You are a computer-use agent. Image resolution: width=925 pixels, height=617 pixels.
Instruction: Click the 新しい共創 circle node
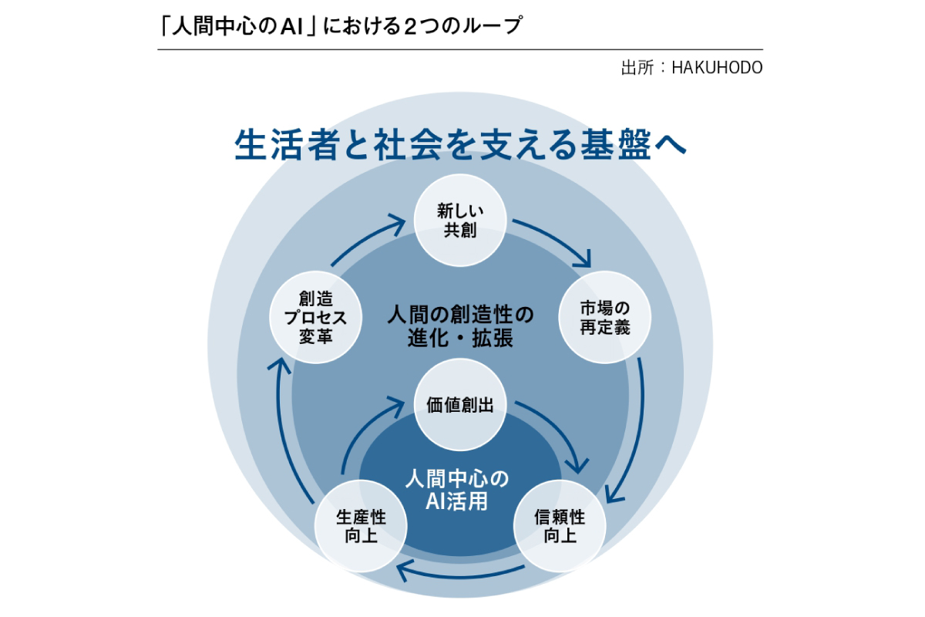460,221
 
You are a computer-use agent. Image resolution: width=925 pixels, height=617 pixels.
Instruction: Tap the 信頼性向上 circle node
560,526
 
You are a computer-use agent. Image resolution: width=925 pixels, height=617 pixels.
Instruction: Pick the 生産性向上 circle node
361,526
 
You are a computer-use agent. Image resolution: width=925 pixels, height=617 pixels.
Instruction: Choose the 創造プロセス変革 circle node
314,317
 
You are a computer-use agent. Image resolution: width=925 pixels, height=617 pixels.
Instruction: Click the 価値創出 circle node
460,405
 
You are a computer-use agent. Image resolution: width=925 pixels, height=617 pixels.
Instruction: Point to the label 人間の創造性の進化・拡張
460,327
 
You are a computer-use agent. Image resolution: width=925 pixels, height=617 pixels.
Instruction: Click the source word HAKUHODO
717,68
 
